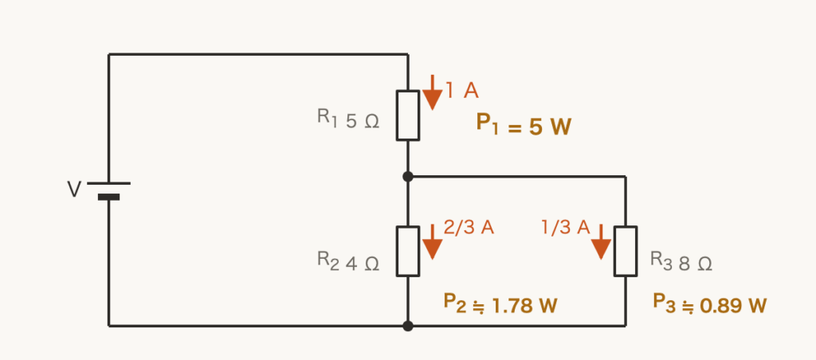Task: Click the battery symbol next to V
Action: point(108,190)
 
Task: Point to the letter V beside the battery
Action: point(74,190)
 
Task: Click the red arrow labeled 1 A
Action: point(432,92)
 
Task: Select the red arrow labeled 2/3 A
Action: point(432,242)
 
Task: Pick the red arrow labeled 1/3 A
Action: point(601,242)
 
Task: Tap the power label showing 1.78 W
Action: point(500,304)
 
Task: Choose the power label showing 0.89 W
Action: point(710,304)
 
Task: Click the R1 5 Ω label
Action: point(348,119)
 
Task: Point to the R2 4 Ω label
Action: point(348,262)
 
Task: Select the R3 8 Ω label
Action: point(681,262)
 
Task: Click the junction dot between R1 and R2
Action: point(407,177)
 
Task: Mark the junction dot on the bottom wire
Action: point(407,327)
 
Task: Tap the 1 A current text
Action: point(462,91)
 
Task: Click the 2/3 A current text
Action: point(469,227)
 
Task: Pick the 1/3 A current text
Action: point(566,227)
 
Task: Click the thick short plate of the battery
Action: point(108,198)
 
